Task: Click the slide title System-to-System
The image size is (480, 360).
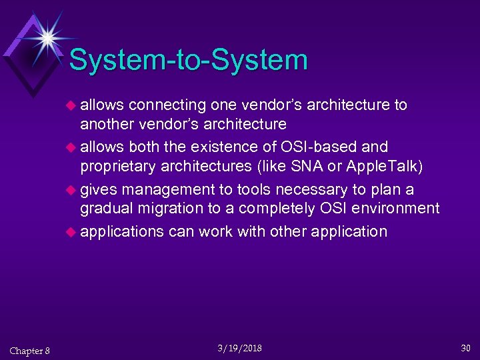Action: click(188, 60)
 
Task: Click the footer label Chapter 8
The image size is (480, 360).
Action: click(29, 351)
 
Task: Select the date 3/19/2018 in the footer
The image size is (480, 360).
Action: click(239, 348)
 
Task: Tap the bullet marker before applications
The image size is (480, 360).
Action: click(71, 232)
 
